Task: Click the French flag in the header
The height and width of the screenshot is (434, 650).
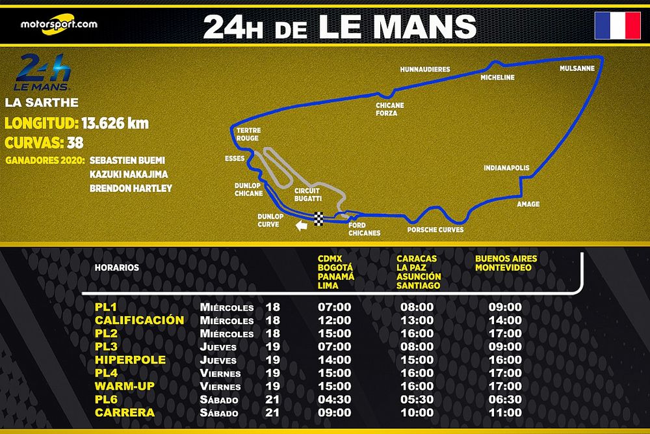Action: coord(617,25)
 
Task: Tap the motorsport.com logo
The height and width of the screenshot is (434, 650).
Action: coord(58,24)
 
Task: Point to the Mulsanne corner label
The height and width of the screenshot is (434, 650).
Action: coord(577,68)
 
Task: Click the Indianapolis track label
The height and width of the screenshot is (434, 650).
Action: coord(506,168)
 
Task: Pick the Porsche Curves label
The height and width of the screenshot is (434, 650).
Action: coord(435,230)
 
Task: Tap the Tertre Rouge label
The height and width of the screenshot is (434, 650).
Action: coord(248,134)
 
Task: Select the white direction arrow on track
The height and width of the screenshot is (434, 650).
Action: coord(300,226)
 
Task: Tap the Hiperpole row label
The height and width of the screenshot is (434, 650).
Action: coord(130,360)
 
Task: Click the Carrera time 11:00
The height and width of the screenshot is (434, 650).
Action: coord(505,413)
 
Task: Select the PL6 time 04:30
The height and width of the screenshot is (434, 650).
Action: coord(335,400)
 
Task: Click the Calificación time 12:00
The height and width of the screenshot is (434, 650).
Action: coord(335,320)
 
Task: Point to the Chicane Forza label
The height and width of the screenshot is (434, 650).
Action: coord(389,109)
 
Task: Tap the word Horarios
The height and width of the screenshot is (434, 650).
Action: coord(117,267)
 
